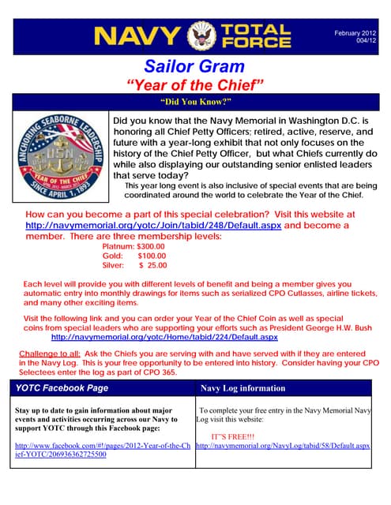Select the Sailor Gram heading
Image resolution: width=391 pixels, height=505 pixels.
[x=195, y=65]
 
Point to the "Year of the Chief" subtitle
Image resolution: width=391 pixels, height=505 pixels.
[x=195, y=84]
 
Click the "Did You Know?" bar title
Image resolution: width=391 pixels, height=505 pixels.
[x=194, y=102]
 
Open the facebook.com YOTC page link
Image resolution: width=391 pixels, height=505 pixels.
[x=102, y=451]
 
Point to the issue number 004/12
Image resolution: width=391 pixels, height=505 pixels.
[x=365, y=40]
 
